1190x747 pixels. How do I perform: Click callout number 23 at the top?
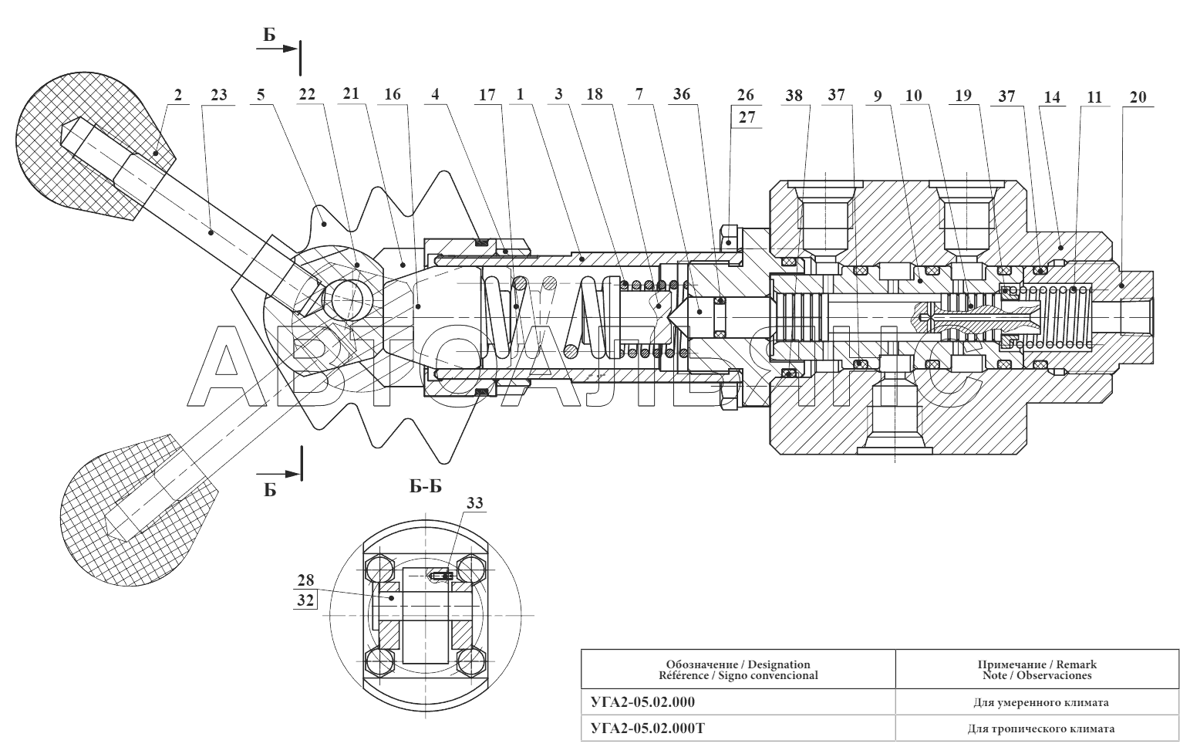(x=218, y=95)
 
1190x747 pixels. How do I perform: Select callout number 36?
(x=682, y=95)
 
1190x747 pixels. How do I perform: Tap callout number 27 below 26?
(x=747, y=117)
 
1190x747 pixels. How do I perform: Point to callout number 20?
(x=1138, y=97)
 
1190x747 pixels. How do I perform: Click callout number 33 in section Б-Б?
(x=475, y=503)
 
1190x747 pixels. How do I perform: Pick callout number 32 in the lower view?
(x=305, y=600)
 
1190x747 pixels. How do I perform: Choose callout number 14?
(x=1052, y=97)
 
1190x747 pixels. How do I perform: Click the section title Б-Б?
(x=425, y=486)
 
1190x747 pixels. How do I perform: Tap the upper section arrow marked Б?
(x=278, y=49)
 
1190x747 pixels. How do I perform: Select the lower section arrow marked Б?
(x=279, y=474)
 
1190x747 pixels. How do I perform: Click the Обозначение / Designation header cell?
(x=737, y=669)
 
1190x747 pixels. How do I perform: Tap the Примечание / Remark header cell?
(x=1037, y=669)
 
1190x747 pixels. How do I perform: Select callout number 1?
(x=520, y=95)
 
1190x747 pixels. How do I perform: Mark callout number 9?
(x=878, y=96)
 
